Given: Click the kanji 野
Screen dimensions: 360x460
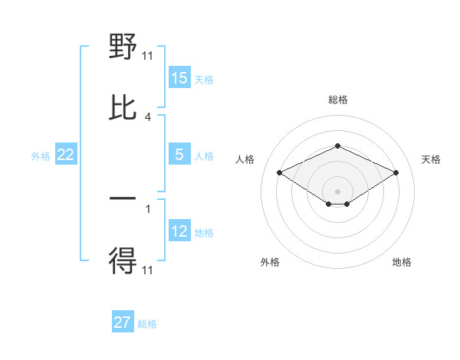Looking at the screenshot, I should coord(123,48).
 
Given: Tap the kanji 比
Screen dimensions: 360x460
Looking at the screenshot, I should coord(123,108).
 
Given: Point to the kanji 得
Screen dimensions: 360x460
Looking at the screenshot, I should coord(123,261).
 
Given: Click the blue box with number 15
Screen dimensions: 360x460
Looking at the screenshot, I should coord(179,78).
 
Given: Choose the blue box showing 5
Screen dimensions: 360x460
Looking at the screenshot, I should coord(179,155).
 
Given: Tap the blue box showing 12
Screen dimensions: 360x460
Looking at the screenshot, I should coord(179,231).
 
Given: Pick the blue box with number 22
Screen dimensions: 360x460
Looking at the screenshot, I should coord(66,155).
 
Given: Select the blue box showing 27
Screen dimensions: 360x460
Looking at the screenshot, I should coord(123,322).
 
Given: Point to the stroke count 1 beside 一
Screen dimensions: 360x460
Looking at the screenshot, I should coord(148,208).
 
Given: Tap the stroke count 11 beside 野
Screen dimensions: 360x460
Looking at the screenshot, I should coord(148,56).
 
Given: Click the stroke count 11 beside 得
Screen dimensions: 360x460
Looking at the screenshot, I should coord(148,270).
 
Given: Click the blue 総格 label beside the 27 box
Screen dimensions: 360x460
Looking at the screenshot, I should coord(147,324).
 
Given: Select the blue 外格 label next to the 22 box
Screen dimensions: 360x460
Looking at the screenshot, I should coord(41,155).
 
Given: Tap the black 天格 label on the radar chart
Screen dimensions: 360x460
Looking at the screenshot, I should coord(431,159).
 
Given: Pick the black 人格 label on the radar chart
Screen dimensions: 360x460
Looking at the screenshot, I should coord(245,159).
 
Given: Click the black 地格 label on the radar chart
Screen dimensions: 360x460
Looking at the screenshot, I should coord(402,262).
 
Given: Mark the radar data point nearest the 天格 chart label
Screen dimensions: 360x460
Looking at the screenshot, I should coord(396,172).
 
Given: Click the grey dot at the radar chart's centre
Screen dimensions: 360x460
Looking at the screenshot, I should coord(337,191).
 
